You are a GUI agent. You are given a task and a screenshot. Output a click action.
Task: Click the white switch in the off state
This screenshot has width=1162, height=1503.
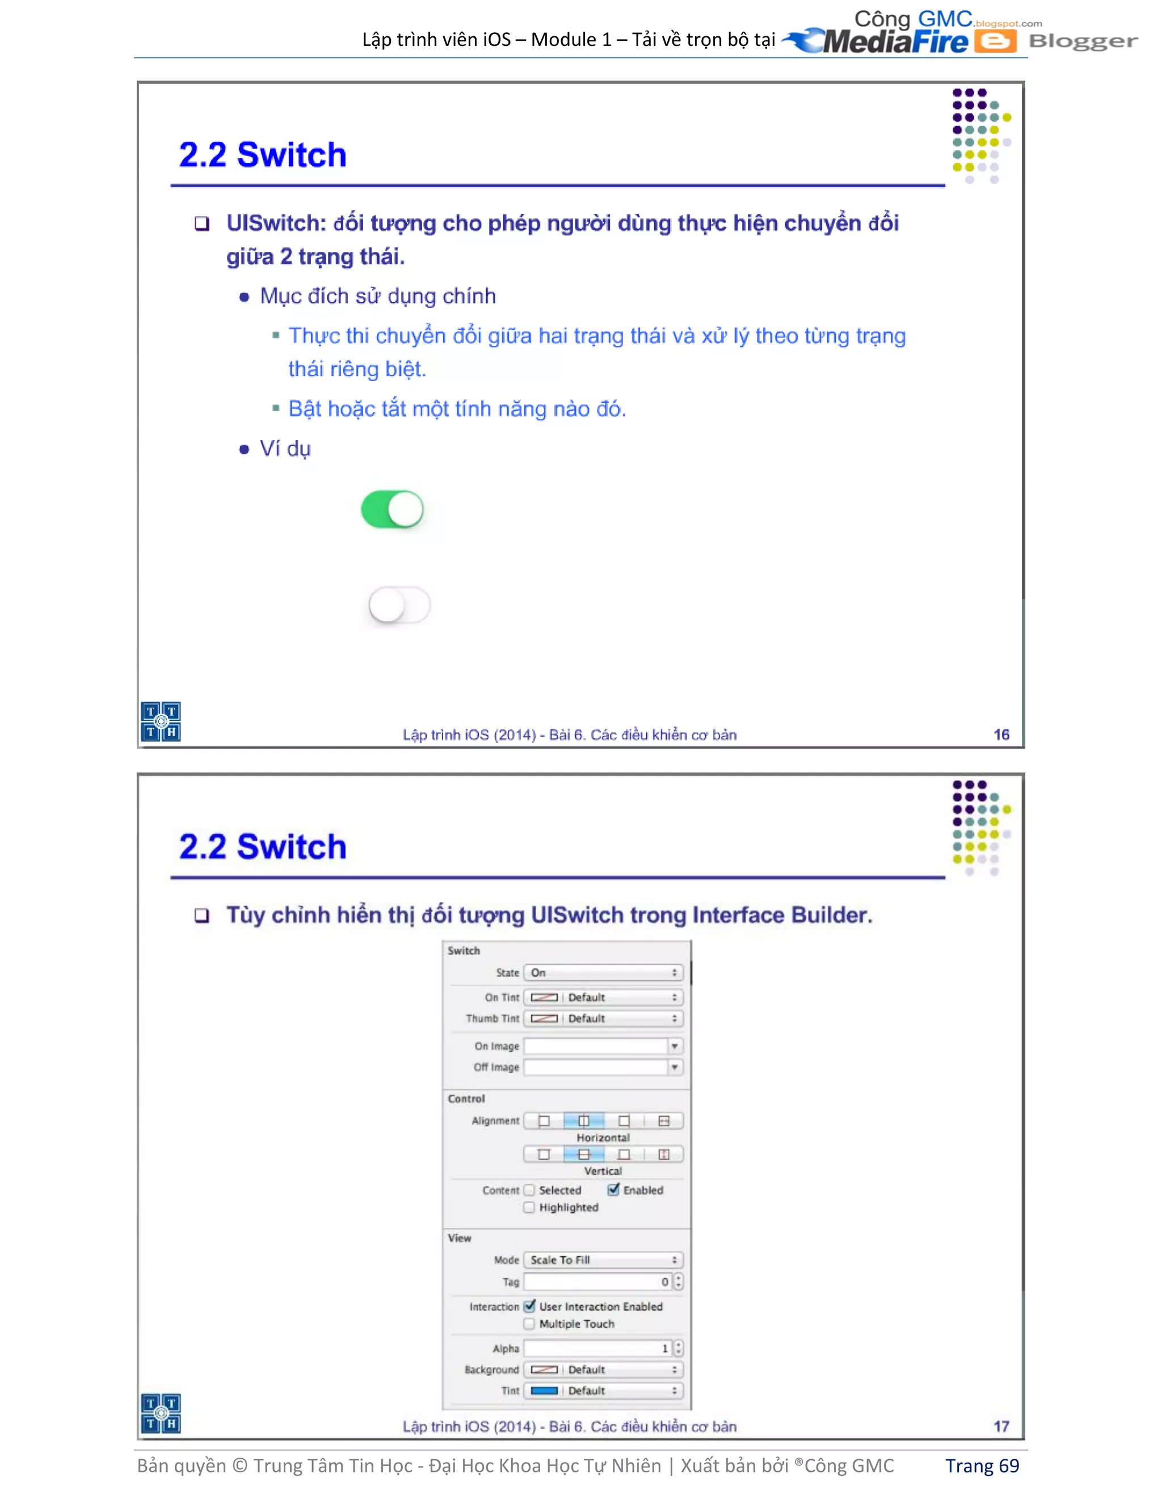click(x=399, y=606)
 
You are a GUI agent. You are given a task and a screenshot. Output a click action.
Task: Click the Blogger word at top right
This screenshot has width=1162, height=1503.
click(x=1083, y=41)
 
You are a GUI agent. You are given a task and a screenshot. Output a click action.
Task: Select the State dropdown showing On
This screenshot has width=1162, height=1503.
click(x=603, y=972)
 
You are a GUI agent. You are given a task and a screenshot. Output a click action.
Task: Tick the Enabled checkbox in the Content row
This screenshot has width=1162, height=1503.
click(x=613, y=1189)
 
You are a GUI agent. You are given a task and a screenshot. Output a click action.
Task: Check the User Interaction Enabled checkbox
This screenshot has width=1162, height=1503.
click(x=529, y=1306)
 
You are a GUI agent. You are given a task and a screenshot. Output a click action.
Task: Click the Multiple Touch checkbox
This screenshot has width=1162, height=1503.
click(x=529, y=1323)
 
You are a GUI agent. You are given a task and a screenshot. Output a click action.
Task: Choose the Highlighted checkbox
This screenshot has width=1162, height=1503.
click(x=529, y=1207)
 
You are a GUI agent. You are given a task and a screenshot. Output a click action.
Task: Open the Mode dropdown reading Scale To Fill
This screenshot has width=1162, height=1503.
click(x=603, y=1259)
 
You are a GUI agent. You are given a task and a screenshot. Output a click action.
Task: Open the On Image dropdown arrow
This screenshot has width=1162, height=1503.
click(x=675, y=1046)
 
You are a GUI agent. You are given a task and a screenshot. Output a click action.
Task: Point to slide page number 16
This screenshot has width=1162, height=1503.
click(x=1001, y=734)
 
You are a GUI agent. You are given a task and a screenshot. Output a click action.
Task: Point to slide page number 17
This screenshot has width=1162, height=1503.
click(x=1001, y=1426)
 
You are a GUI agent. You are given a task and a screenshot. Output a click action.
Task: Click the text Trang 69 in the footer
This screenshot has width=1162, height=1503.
click(x=982, y=1466)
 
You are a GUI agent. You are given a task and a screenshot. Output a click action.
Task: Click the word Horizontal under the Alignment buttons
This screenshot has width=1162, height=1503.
click(x=603, y=1138)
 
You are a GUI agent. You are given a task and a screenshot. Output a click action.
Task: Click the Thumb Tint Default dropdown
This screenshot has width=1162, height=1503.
click(x=603, y=1018)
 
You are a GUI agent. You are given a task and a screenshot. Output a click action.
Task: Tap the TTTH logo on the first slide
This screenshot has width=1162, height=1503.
click(x=161, y=721)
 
